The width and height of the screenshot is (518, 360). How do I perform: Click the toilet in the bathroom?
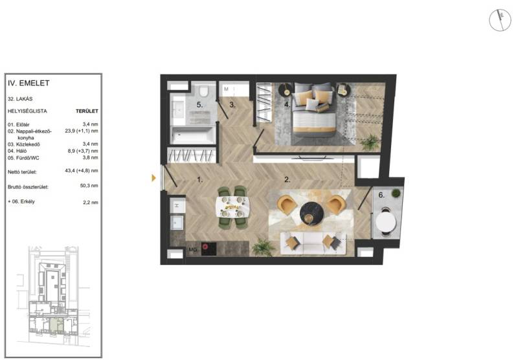[204, 91]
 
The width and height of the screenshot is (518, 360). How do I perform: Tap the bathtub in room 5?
[192, 135]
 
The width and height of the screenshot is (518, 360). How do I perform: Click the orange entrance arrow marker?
[153, 178]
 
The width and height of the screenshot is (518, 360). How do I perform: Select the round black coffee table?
[312, 214]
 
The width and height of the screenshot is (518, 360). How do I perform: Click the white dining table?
[232, 207]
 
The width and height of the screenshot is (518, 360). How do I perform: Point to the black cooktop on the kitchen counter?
[208, 249]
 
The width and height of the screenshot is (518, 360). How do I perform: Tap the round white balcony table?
[386, 222]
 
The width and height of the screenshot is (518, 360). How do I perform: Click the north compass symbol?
[500, 20]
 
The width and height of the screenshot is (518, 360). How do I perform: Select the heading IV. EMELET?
[28, 84]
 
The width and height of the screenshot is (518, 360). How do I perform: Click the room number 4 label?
[287, 105]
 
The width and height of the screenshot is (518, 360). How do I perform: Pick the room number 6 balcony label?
[381, 195]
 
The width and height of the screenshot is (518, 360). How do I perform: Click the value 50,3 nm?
[89, 186]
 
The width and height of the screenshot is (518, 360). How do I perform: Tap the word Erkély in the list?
[27, 201]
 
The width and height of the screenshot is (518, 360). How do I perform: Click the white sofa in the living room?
[313, 243]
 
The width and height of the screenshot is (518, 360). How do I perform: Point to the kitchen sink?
[177, 222]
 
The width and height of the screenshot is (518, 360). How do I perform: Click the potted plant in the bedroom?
[370, 142]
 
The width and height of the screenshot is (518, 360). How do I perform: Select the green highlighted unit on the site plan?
[57, 325]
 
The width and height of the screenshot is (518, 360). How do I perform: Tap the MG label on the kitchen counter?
[192, 250]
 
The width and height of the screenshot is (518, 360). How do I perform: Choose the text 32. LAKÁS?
[20, 99]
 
